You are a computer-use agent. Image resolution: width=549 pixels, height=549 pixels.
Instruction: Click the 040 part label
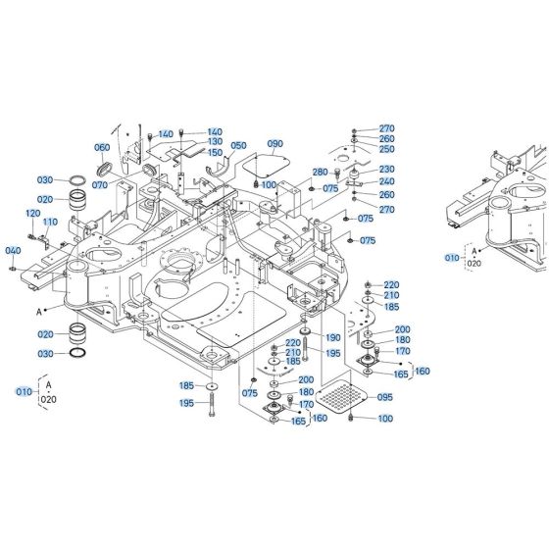13,251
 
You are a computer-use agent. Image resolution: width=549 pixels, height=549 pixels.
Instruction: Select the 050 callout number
238,145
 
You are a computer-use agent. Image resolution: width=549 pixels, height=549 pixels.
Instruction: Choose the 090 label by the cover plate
274,145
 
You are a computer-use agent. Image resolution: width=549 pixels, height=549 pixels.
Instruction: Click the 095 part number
384,397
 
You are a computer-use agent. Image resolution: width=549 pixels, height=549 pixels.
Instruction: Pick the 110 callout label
50,223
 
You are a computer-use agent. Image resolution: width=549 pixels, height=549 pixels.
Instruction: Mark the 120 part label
32,214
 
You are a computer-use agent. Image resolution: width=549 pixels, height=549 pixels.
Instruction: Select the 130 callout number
215,142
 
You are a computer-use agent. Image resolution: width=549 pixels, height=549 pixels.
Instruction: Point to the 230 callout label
386,169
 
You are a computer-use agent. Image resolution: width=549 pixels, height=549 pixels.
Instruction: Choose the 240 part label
386,180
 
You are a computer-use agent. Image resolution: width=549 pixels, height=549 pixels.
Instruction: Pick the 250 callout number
386,149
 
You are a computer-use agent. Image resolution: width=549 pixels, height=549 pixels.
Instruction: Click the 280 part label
319,173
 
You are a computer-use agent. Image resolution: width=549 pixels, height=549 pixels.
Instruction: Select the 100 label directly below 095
384,420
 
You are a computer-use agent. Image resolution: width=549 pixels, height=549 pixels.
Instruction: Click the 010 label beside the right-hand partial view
451,257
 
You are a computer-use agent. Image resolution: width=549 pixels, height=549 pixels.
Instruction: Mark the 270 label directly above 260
386,129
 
